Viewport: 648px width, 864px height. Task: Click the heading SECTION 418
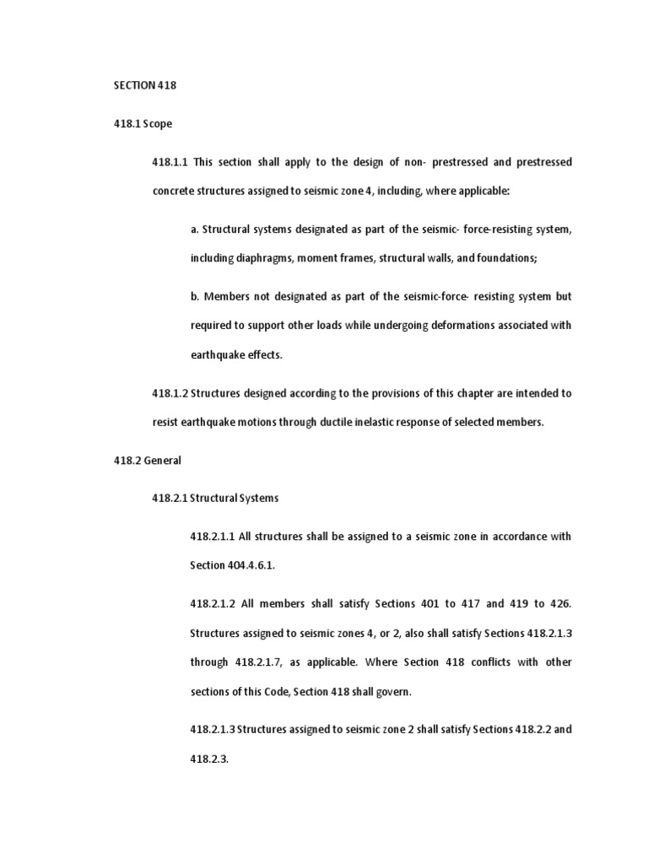[143, 85]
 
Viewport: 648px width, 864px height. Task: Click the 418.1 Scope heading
[143, 123]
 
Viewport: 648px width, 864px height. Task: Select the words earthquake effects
[235, 355]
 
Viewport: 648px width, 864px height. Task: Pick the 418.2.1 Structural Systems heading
[215, 499]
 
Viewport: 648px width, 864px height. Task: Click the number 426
[561, 604]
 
